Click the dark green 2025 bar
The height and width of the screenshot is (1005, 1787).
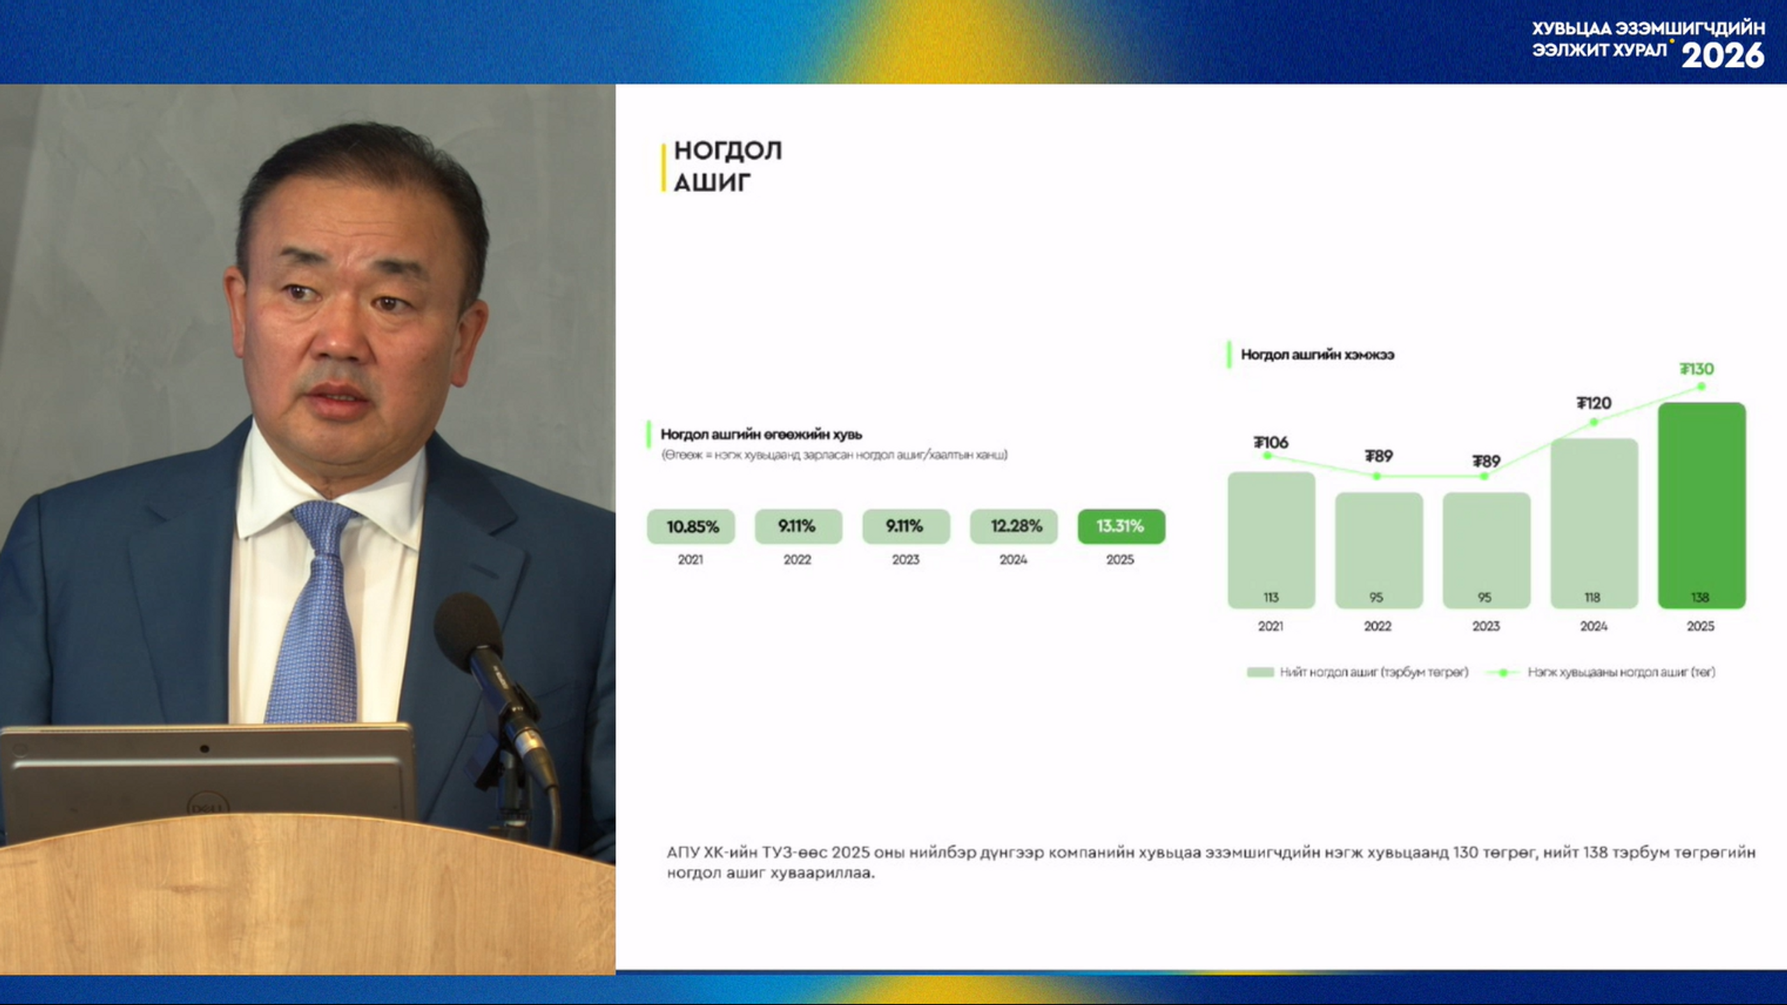1701,505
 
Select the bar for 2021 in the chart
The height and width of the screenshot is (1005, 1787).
1271,540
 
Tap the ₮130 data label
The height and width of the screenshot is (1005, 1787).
1697,369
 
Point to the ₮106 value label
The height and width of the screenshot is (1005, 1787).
1271,442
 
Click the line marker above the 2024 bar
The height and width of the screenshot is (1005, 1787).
1594,422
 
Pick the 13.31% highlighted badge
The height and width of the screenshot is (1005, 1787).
1121,526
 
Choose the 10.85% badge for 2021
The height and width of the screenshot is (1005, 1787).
691,526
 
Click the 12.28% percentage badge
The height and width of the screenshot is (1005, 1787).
1013,526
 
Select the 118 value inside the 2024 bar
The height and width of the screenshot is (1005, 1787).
1592,597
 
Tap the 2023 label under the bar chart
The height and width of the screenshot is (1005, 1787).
1486,627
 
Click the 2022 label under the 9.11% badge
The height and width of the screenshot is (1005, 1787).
797,560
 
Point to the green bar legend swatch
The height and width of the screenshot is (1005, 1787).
1260,672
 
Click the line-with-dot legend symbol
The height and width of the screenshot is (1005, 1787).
1502,672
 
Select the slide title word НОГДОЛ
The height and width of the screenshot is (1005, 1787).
728,151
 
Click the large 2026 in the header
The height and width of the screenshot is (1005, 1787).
1723,56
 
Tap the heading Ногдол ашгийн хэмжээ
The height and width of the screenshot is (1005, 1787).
1317,354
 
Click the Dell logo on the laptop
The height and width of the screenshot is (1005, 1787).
208,807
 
